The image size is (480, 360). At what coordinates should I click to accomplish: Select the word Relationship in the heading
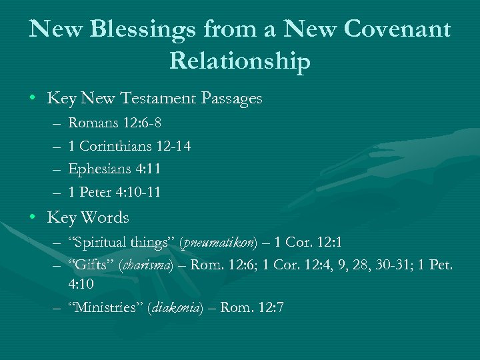(x=240, y=61)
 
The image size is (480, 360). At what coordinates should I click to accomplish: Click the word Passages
(x=230, y=99)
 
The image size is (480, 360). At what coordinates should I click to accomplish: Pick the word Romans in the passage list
(x=91, y=123)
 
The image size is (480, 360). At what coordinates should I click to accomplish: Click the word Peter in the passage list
(x=96, y=192)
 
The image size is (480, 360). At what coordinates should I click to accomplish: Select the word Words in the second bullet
(x=105, y=217)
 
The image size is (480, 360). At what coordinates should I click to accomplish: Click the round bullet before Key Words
(x=33, y=217)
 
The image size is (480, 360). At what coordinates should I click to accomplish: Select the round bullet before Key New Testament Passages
(x=33, y=99)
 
